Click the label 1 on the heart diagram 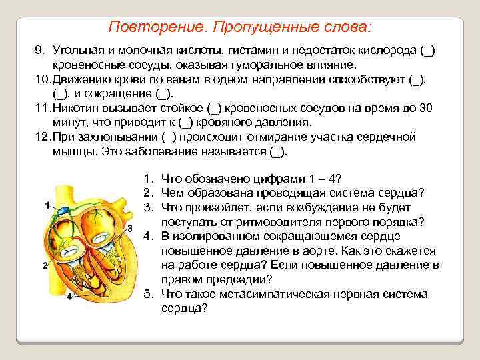pos(47,205)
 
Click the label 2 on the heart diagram pos(44,265)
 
